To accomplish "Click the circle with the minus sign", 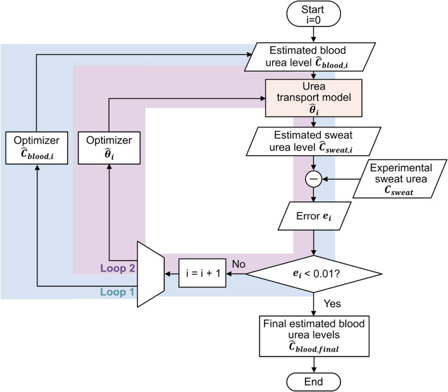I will (x=314, y=180).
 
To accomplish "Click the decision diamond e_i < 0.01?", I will (x=314, y=274).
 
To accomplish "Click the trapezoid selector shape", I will (x=151, y=274).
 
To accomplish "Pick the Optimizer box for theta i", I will (x=110, y=147).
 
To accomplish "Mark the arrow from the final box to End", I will (x=314, y=362).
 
